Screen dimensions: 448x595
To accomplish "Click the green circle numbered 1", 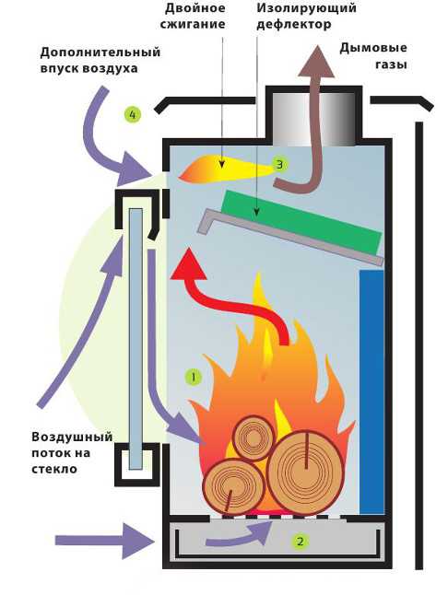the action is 194,378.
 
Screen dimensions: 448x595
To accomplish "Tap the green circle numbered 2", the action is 300,541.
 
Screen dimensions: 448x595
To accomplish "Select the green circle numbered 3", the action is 280,165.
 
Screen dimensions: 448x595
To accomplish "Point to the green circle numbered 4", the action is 133,114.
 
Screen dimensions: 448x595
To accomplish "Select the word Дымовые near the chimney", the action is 373,48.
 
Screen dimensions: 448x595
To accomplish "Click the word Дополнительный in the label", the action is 100,52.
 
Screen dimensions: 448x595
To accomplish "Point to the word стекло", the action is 54,469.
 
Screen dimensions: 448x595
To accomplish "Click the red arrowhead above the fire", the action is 188,264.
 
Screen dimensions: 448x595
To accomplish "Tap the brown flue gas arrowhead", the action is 316,62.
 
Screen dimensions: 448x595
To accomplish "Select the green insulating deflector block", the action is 301,222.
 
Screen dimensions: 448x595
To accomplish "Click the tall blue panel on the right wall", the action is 372,392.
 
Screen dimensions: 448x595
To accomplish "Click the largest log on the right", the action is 306,468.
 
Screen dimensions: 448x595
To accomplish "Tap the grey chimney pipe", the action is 313,119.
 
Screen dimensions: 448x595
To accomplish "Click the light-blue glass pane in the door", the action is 136,339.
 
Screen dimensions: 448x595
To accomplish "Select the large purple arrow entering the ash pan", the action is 104,541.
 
